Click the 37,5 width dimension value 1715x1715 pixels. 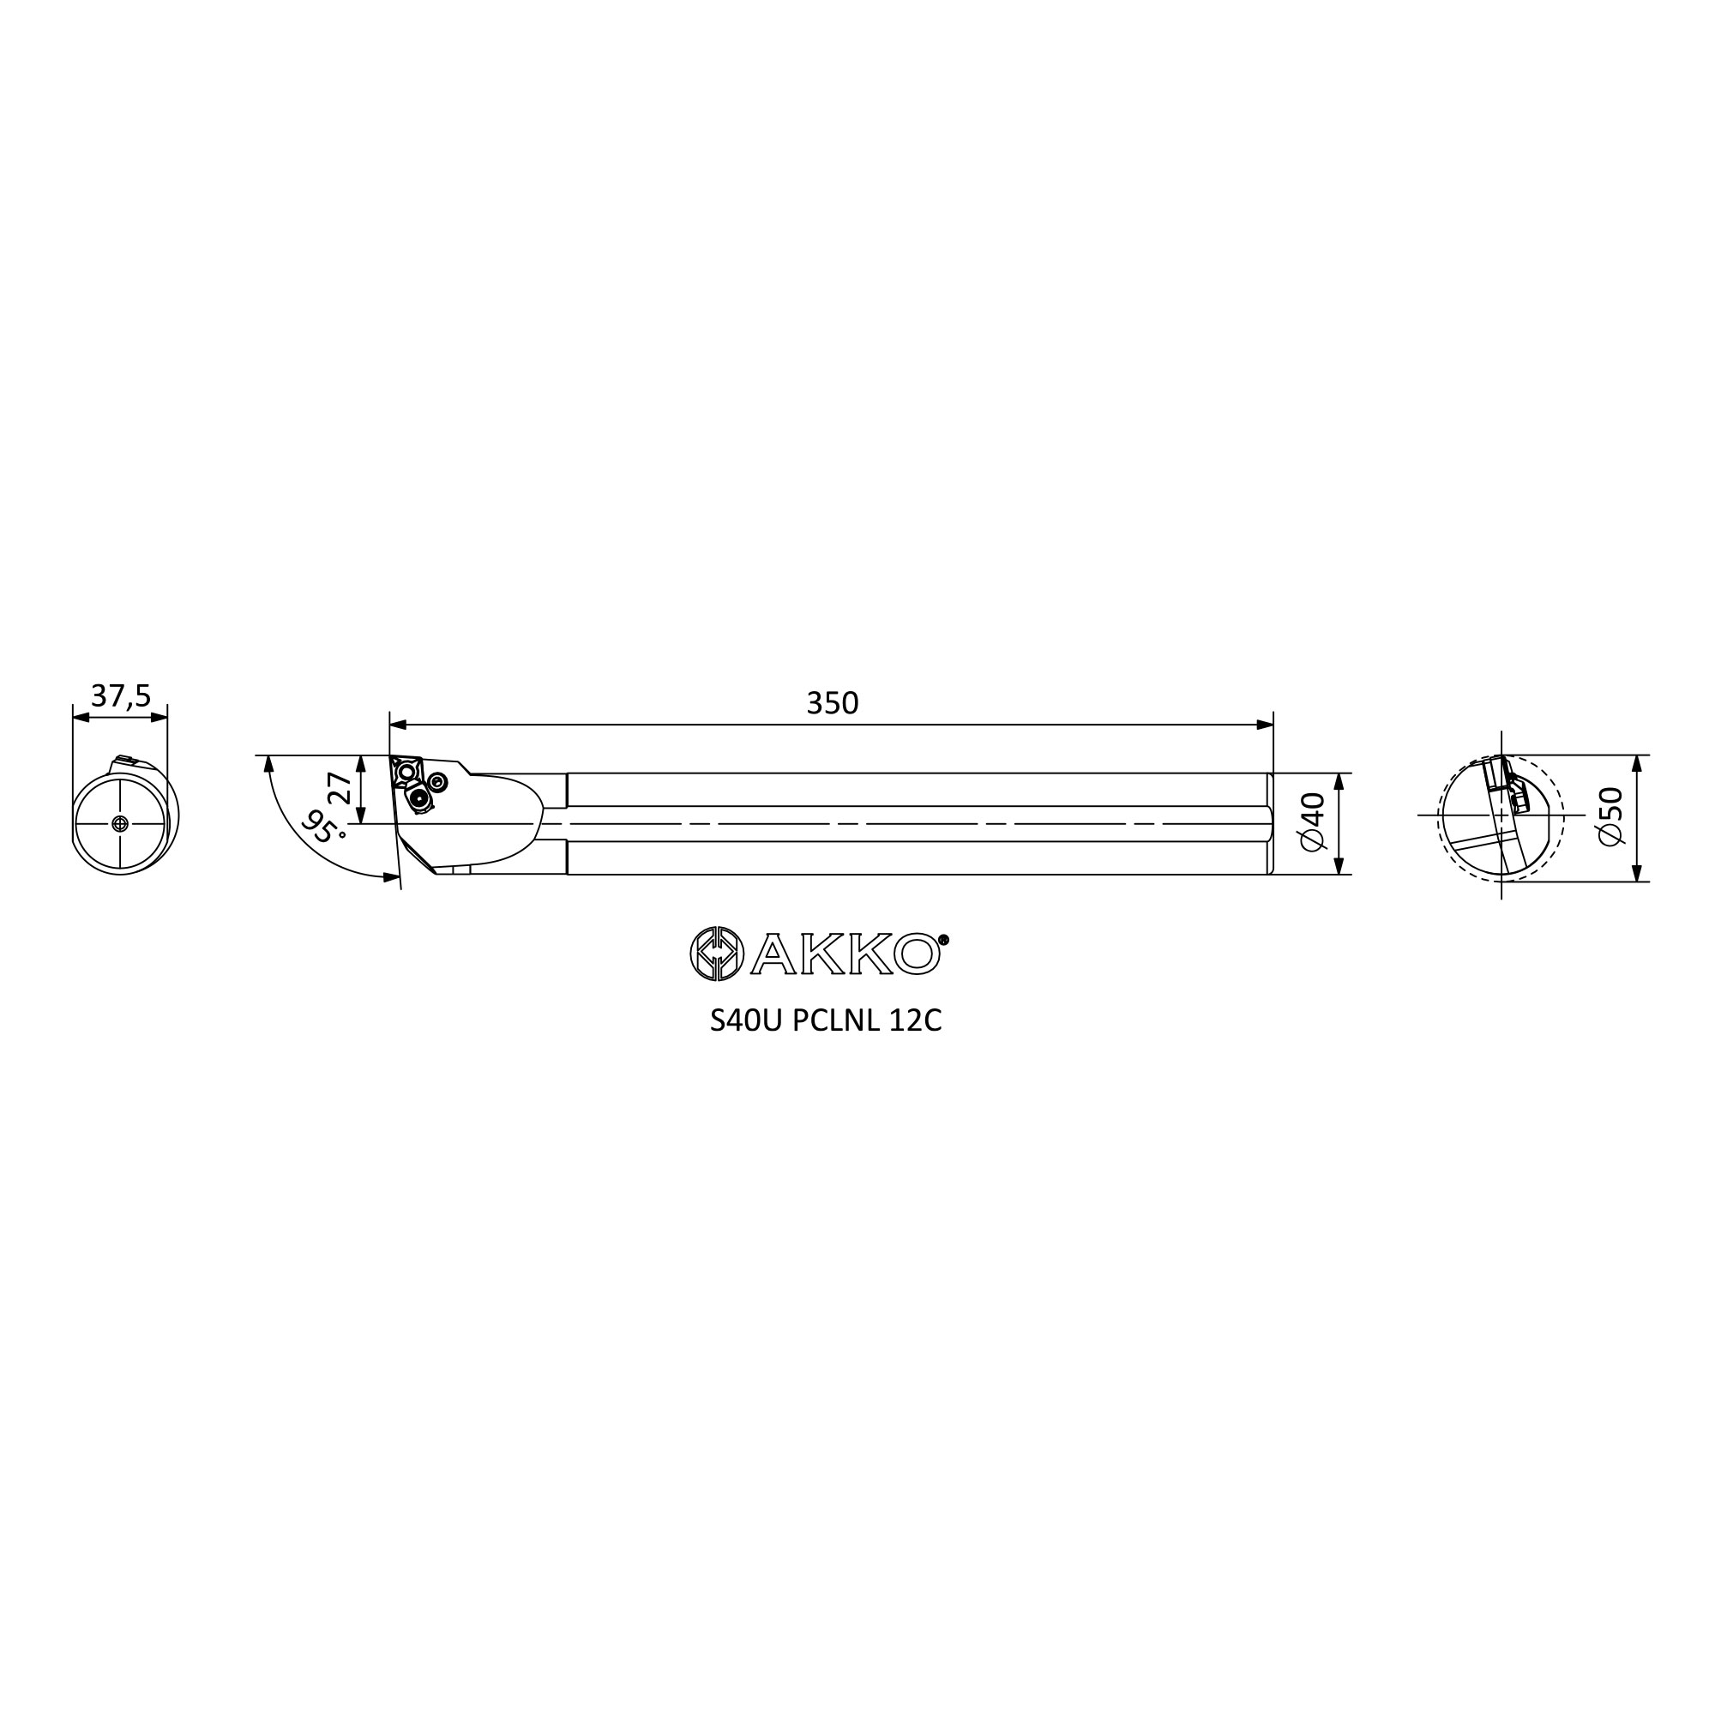pos(121,697)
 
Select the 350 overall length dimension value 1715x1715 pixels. pos(833,703)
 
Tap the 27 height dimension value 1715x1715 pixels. pos(340,789)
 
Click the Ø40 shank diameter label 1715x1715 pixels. pos(1312,822)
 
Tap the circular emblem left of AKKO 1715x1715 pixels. pos(717,954)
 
